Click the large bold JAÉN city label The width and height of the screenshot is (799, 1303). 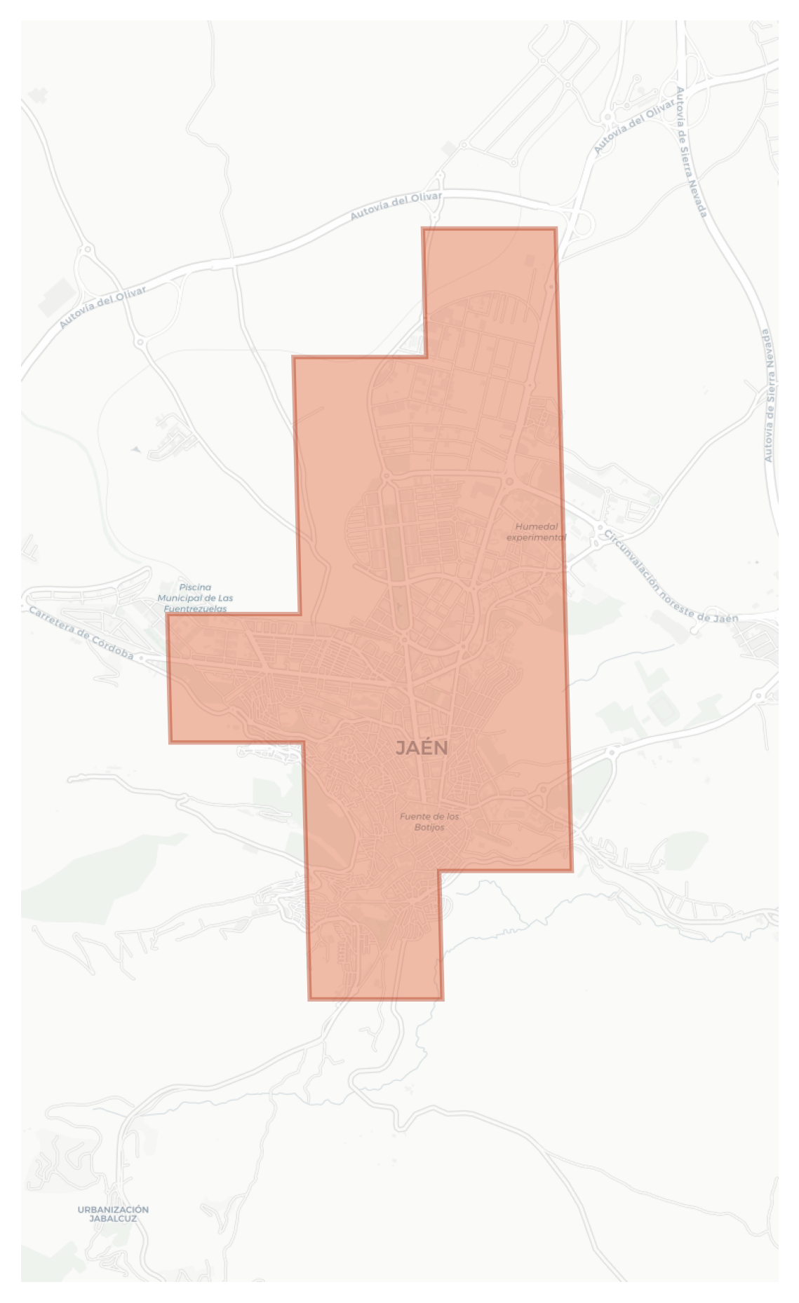[x=422, y=749]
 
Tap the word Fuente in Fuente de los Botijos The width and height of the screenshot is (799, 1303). [x=414, y=817]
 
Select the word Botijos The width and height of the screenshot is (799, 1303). [x=429, y=828]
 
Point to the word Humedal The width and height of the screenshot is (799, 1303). [x=537, y=526]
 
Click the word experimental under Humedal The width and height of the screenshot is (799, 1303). [x=536, y=538]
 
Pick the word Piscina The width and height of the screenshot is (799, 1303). [x=195, y=587]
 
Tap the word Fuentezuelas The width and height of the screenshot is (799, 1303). [x=196, y=608]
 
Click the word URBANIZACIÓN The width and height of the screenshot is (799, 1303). [x=113, y=1209]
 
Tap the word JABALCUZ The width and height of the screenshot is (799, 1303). [x=113, y=1219]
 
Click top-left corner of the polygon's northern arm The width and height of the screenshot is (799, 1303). [x=423, y=228]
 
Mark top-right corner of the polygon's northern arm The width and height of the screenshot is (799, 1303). [x=556, y=228]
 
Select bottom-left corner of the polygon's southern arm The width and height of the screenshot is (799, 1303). [x=309, y=998]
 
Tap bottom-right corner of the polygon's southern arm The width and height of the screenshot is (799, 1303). [x=442, y=998]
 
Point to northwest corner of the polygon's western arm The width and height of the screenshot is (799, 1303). [x=168, y=615]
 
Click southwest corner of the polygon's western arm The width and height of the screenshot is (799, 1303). [x=170, y=742]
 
